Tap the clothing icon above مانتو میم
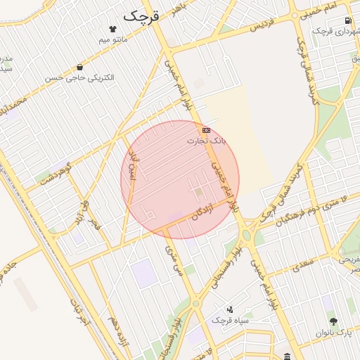[x=113, y=29]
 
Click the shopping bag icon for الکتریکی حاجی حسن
[x=79, y=67]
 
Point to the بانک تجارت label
[x=207, y=141]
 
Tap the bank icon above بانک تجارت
[x=206, y=130]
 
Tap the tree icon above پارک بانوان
[x=334, y=321]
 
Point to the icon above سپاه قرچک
[x=230, y=309]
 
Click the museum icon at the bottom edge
[x=288, y=356]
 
